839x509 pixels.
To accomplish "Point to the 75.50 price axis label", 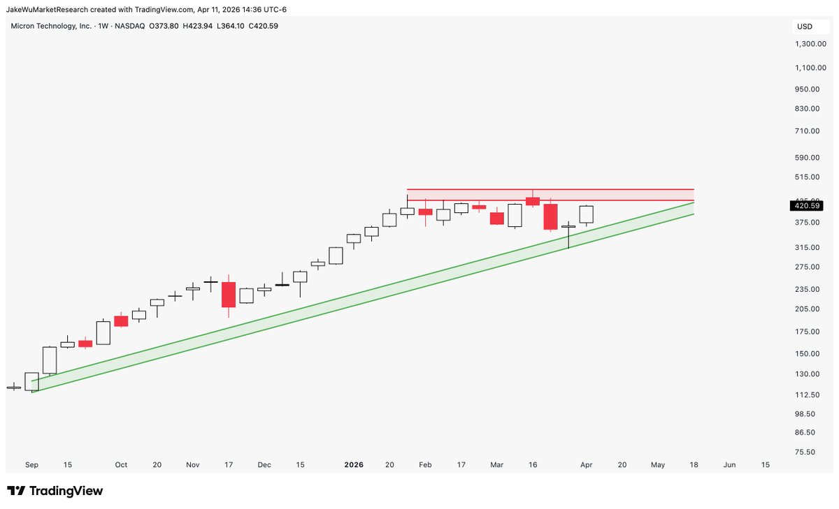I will pyautogui.click(x=805, y=452).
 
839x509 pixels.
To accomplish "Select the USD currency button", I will pyautogui.click(x=805, y=27).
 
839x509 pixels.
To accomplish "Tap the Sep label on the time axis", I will pyautogui.click(x=31, y=464).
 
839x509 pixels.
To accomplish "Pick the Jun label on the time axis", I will pyautogui.click(x=729, y=464).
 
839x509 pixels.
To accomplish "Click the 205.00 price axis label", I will pyautogui.click(x=805, y=309).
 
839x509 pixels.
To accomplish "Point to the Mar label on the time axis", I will pyautogui.click(x=496, y=464).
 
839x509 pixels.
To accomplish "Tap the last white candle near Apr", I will pyautogui.click(x=586, y=214).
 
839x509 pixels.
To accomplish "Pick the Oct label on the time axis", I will pyautogui.click(x=121, y=464).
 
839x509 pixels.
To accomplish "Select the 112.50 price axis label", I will pyautogui.click(x=805, y=394).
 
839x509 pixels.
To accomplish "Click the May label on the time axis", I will pyautogui.click(x=658, y=464).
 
